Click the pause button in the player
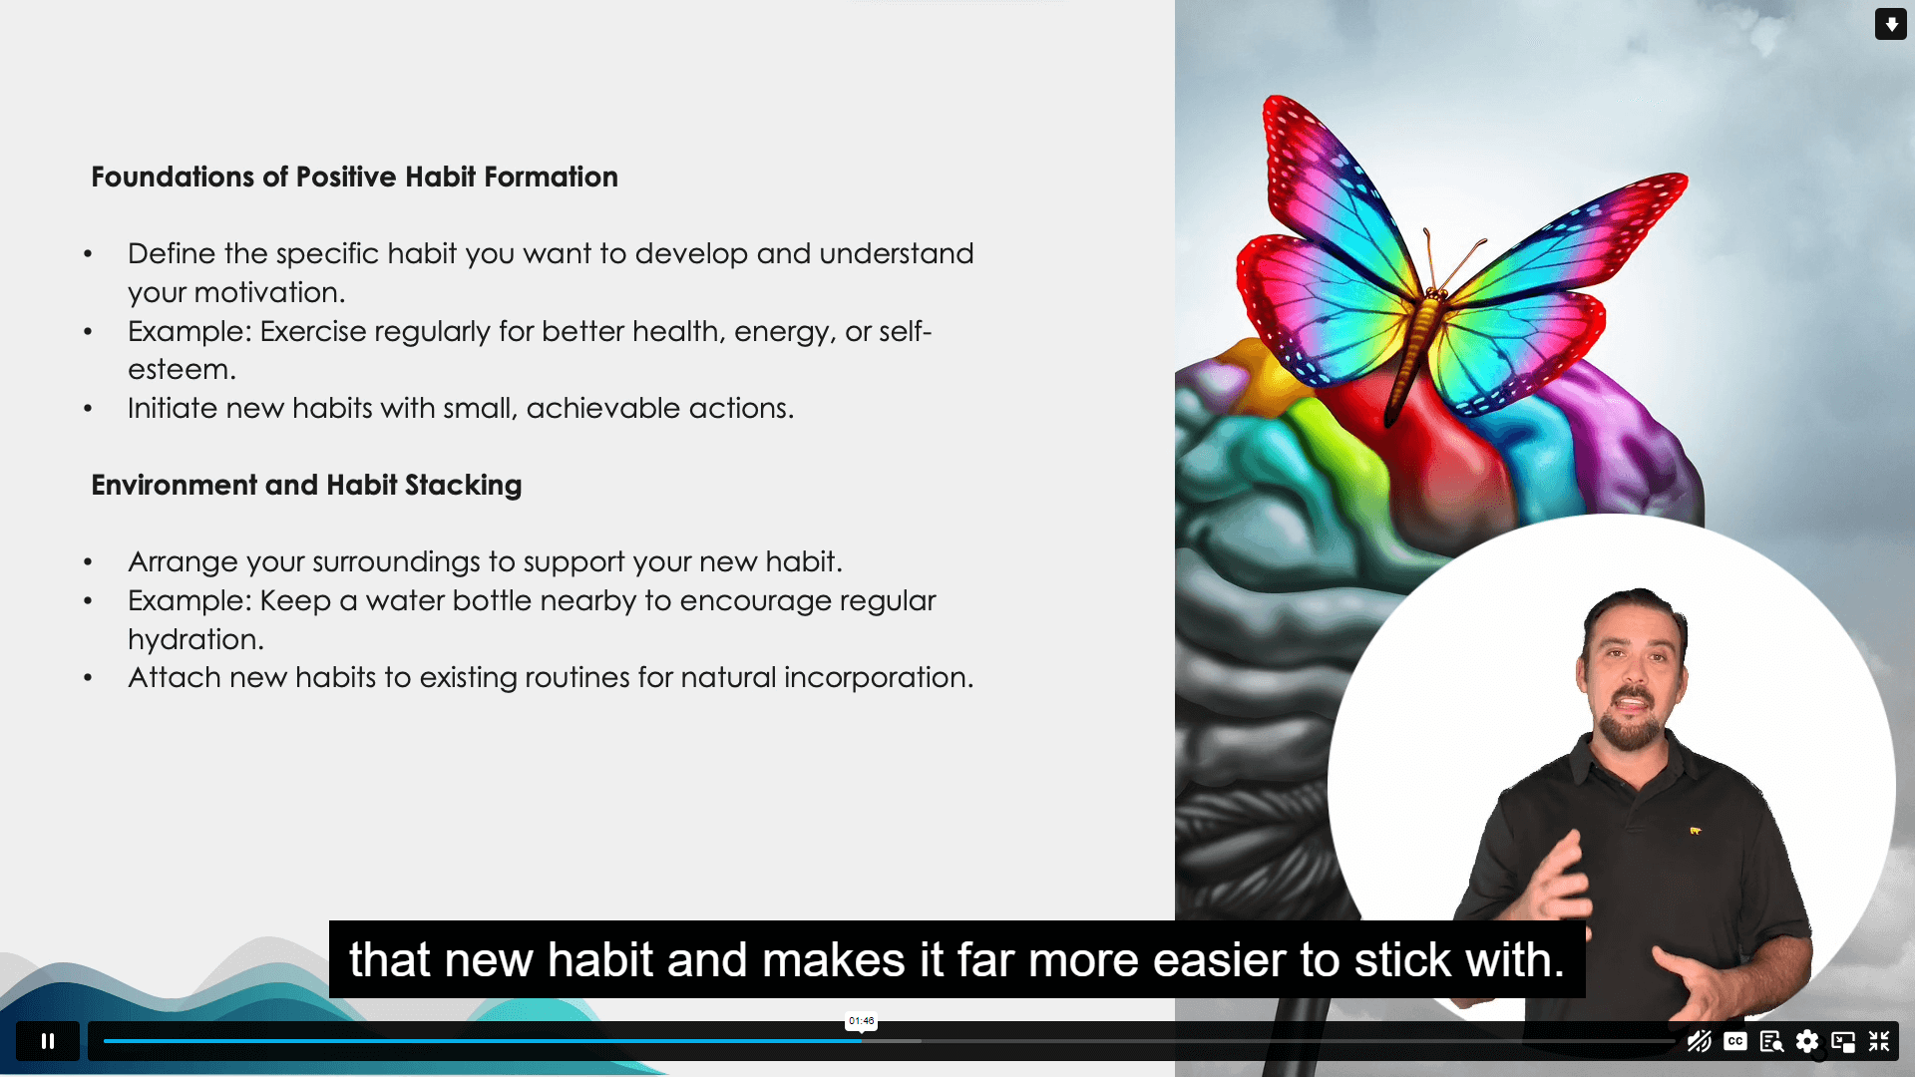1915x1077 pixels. pos(47,1041)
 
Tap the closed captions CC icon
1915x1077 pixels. pos(1735,1041)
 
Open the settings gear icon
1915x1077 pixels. pos(1807,1041)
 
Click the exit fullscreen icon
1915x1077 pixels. pos(1879,1041)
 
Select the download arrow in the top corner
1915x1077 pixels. pos(1891,24)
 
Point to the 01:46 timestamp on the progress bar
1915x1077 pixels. pos(862,1021)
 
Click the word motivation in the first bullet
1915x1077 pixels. pos(269,292)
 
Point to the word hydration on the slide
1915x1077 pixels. pos(195,639)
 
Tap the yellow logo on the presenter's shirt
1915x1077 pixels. pos(1695,830)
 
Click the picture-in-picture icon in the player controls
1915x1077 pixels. pos(1843,1042)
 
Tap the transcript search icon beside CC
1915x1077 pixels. pos(1771,1042)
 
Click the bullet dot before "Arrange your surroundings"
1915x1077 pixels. pos(88,563)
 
